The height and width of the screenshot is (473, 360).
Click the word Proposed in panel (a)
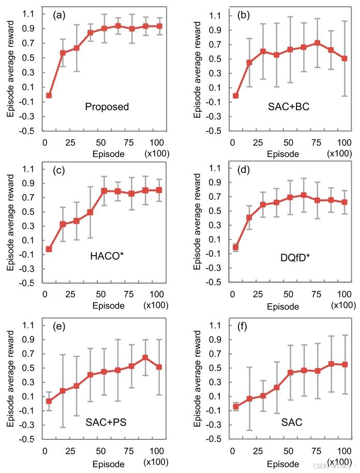point(107,107)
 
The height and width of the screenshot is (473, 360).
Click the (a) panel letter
point(59,14)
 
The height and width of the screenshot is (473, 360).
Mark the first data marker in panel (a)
point(49,95)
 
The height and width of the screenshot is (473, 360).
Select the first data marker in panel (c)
point(49,249)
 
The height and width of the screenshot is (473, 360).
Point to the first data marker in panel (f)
point(235,407)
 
